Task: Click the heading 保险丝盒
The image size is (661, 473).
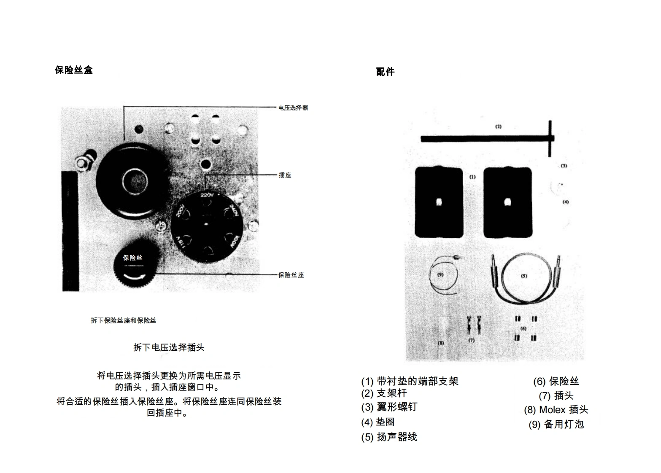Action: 74,70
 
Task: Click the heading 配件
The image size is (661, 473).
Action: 385,72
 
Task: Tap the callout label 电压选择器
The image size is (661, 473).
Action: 293,108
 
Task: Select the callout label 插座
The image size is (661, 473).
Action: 285,175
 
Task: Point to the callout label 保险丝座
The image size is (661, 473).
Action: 291,275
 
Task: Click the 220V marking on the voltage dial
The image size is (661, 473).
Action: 207,195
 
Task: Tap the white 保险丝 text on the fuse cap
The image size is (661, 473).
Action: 132,258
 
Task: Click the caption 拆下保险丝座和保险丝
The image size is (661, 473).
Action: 123,320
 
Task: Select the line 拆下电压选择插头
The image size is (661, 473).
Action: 169,347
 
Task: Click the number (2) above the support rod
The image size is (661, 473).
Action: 498,126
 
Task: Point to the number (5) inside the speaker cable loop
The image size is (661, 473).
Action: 524,276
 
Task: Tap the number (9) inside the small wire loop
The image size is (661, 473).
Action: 440,274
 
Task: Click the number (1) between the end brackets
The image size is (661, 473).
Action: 472,177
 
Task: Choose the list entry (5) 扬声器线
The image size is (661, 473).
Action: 389,437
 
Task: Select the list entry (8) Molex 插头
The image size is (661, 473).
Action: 556,410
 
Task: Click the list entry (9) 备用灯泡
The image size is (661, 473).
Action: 556,425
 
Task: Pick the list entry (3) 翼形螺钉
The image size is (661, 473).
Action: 389,407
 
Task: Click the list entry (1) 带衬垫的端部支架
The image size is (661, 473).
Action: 410,382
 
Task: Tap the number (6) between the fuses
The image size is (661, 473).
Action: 523,328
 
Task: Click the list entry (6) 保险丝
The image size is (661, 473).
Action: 556,382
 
